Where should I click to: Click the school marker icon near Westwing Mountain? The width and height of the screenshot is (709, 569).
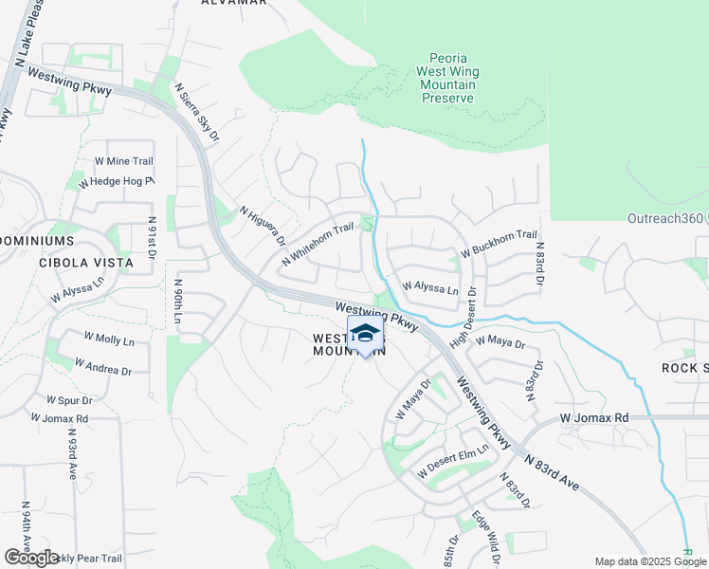click(x=365, y=333)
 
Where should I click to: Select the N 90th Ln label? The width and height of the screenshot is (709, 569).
click(x=176, y=304)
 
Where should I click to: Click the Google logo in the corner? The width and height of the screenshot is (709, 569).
click(x=32, y=558)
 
